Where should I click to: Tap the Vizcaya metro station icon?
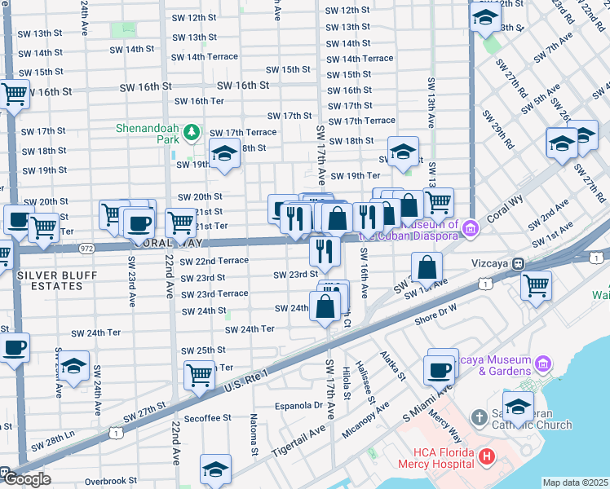click(x=517, y=263)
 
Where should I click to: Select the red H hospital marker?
click(x=487, y=456)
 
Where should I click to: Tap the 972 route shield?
click(x=87, y=247)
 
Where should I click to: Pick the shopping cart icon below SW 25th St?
click(x=199, y=375)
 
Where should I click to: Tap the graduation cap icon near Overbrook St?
click(x=215, y=469)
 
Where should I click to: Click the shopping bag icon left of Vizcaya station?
click(x=427, y=267)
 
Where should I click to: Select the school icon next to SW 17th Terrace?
click(x=223, y=152)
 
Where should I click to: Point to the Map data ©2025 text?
click(x=575, y=482)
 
